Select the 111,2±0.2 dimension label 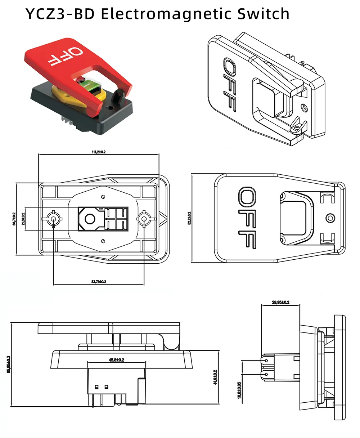click(98, 152)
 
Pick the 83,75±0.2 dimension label click(99, 281)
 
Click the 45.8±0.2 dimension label click(116, 360)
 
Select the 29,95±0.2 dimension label click(280, 302)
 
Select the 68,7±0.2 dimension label click(14, 219)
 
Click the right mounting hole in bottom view click(144, 219)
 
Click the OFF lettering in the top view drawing click(248, 218)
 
